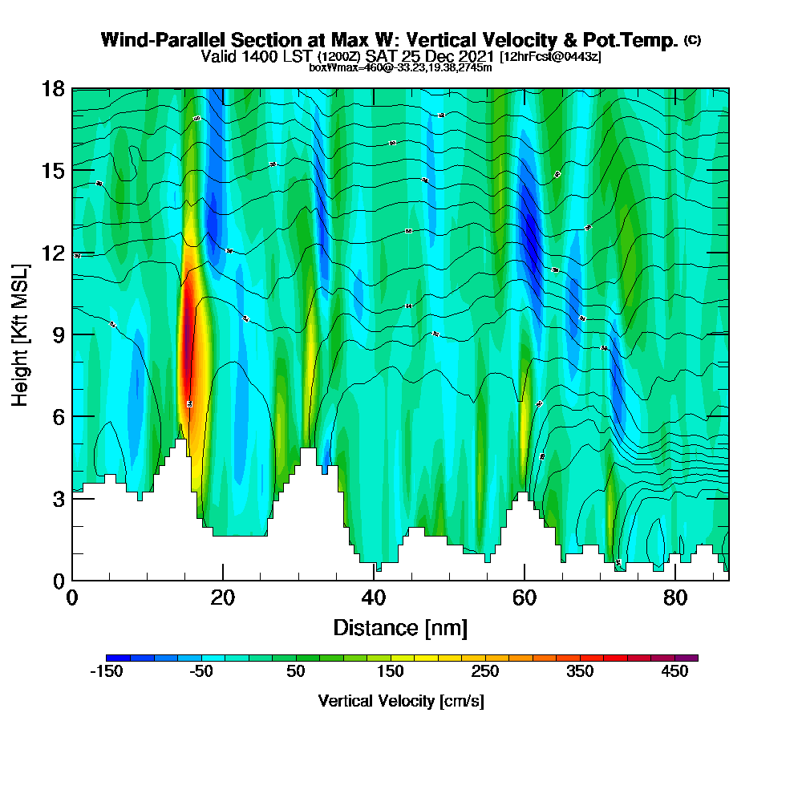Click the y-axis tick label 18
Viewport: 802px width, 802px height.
click(x=54, y=88)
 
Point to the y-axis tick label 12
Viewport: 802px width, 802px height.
click(x=54, y=253)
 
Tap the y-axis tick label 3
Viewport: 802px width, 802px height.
click(x=59, y=498)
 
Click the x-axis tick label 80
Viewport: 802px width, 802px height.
click(x=675, y=597)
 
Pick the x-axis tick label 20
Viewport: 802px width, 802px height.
click(x=223, y=597)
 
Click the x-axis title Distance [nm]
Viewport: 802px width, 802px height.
click(x=400, y=627)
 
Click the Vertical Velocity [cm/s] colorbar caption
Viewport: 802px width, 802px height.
click(x=400, y=701)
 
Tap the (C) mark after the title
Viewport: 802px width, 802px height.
click(x=693, y=40)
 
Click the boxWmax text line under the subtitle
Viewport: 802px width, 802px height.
click(x=400, y=67)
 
